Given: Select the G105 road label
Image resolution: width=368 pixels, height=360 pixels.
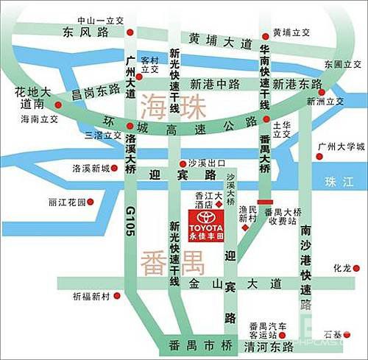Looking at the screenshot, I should (x=131, y=219).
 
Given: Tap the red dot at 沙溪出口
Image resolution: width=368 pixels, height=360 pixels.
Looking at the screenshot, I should (x=183, y=163).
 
